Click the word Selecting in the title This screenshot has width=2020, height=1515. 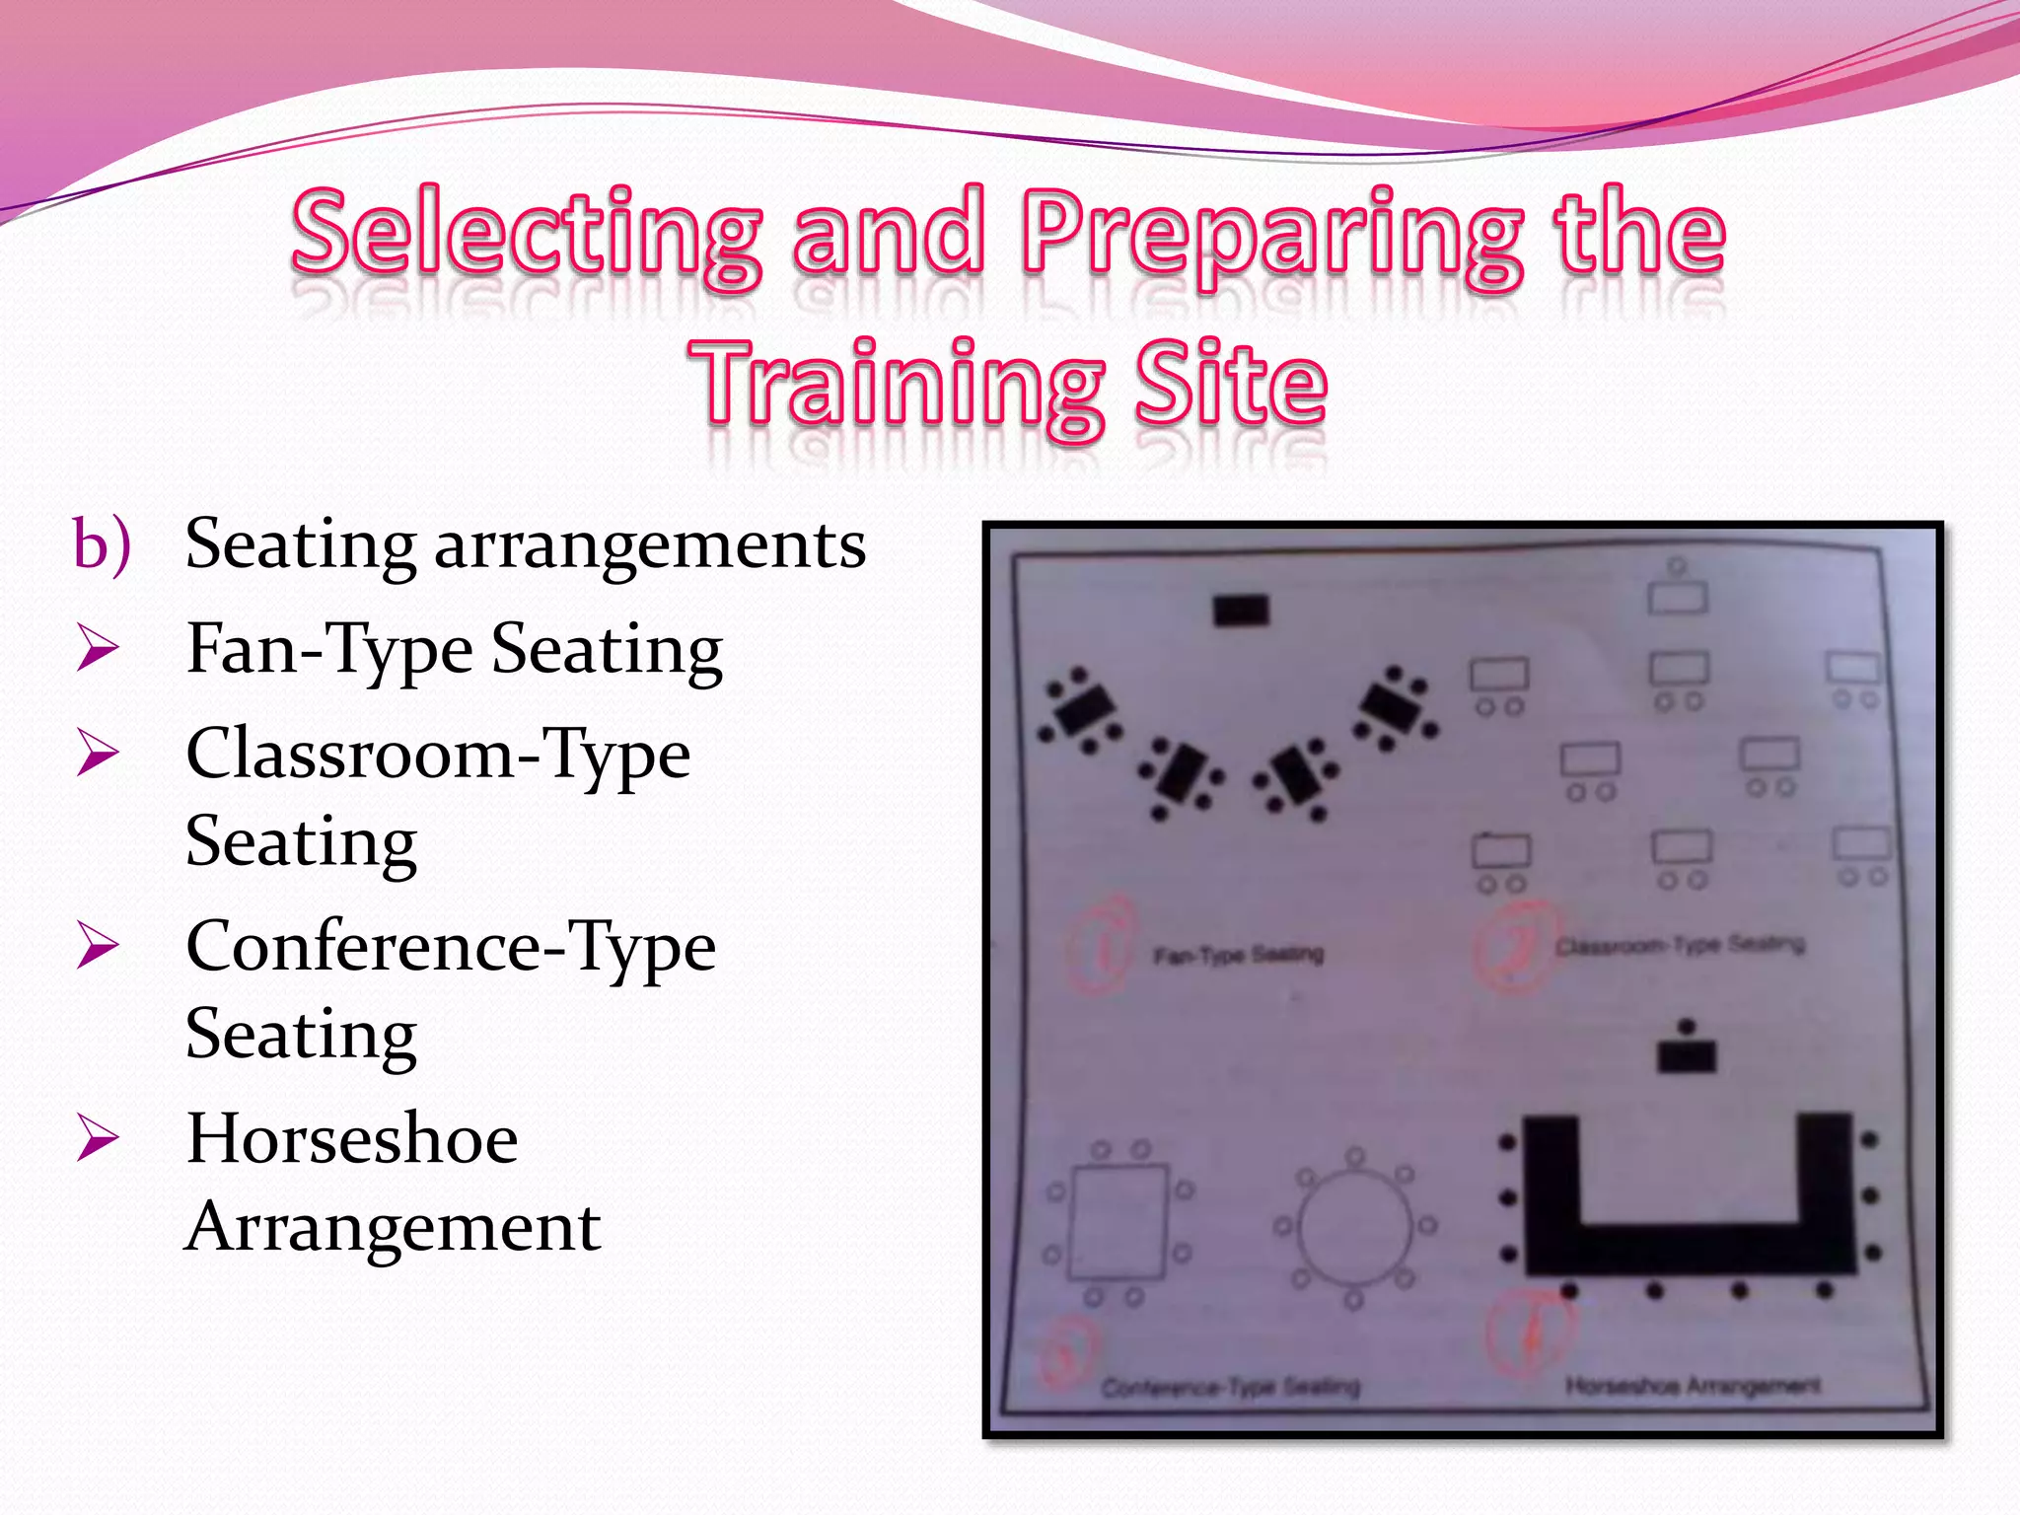pos(527,233)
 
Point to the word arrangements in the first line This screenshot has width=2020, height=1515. pos(650,545)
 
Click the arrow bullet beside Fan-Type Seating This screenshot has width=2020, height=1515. pos(98,650)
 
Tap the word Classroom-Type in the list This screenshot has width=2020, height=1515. pos(438,756)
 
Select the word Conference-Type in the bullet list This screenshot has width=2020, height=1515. pos(451,948)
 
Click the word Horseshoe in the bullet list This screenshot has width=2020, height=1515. pos(352,1140)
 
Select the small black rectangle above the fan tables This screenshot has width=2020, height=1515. pos(1241,611)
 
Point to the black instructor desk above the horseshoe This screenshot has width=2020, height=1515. pos(1687,1056)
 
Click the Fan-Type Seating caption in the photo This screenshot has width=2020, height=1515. pos(1239,955)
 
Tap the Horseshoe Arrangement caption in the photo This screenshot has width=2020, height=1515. pos(1693,1386)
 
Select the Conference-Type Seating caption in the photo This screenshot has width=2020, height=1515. pos(1231,1388)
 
